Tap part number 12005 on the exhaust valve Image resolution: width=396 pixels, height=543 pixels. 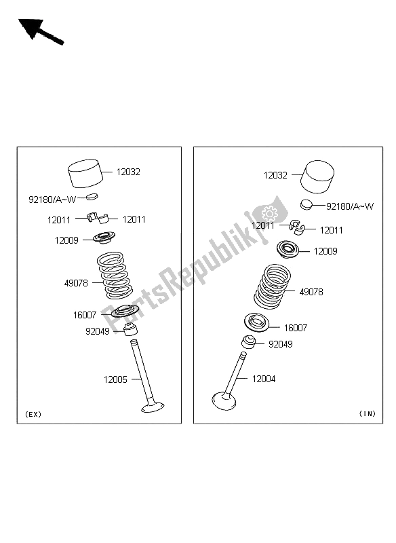pyautogui.click(x=115, y=379)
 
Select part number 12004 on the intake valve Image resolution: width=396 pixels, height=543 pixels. pyautogui.click(x=264, y=379)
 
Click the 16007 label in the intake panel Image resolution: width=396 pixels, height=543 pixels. pyautogui.click(x=295, y=328)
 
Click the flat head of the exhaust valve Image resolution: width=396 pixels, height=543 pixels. pyautogui.click(x=153, y=407)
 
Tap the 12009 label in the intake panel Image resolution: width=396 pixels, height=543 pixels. pyautogui.click(x=325, y=251)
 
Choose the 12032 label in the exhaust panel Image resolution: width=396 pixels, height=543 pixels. pyautogui.click(x=128, y=172)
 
